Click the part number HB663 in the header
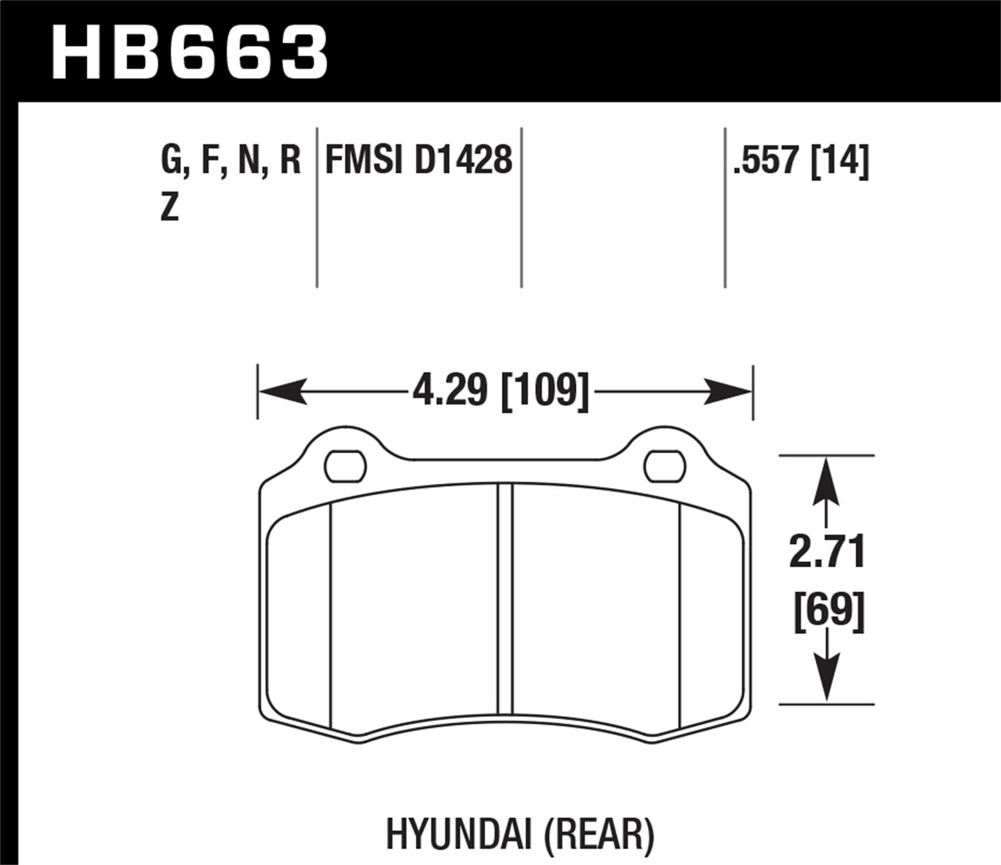click(190, 52)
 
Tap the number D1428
click(463, 160)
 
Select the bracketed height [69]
click(828, 610)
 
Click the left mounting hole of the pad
click(345, 467)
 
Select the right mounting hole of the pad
click(665, 467)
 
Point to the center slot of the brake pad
click(505, 601)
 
